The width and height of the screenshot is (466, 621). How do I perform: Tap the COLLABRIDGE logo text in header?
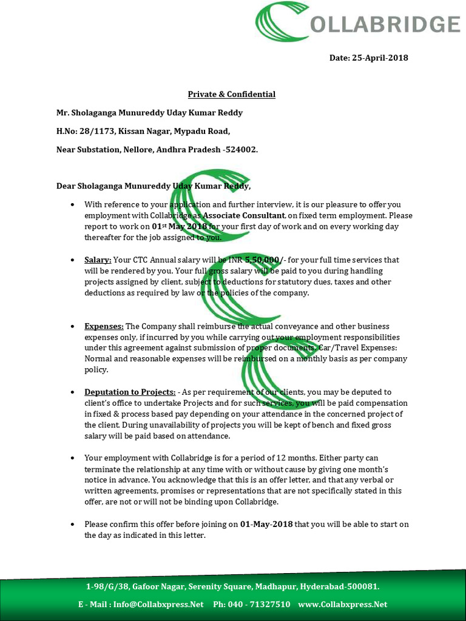(385, 24)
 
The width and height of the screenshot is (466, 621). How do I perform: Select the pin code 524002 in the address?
(241, 149)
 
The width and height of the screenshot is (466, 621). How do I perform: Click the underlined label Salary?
(98, 260)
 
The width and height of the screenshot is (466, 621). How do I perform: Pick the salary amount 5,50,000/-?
(264, 260)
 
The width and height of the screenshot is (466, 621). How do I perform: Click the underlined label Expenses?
(104, 326)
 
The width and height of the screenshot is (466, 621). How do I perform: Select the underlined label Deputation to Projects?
(130, 392)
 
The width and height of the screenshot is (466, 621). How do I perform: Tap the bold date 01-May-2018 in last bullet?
(266, 524)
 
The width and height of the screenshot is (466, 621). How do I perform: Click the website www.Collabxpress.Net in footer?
(342, 605)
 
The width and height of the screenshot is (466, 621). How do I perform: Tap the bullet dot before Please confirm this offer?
(73, 525)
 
